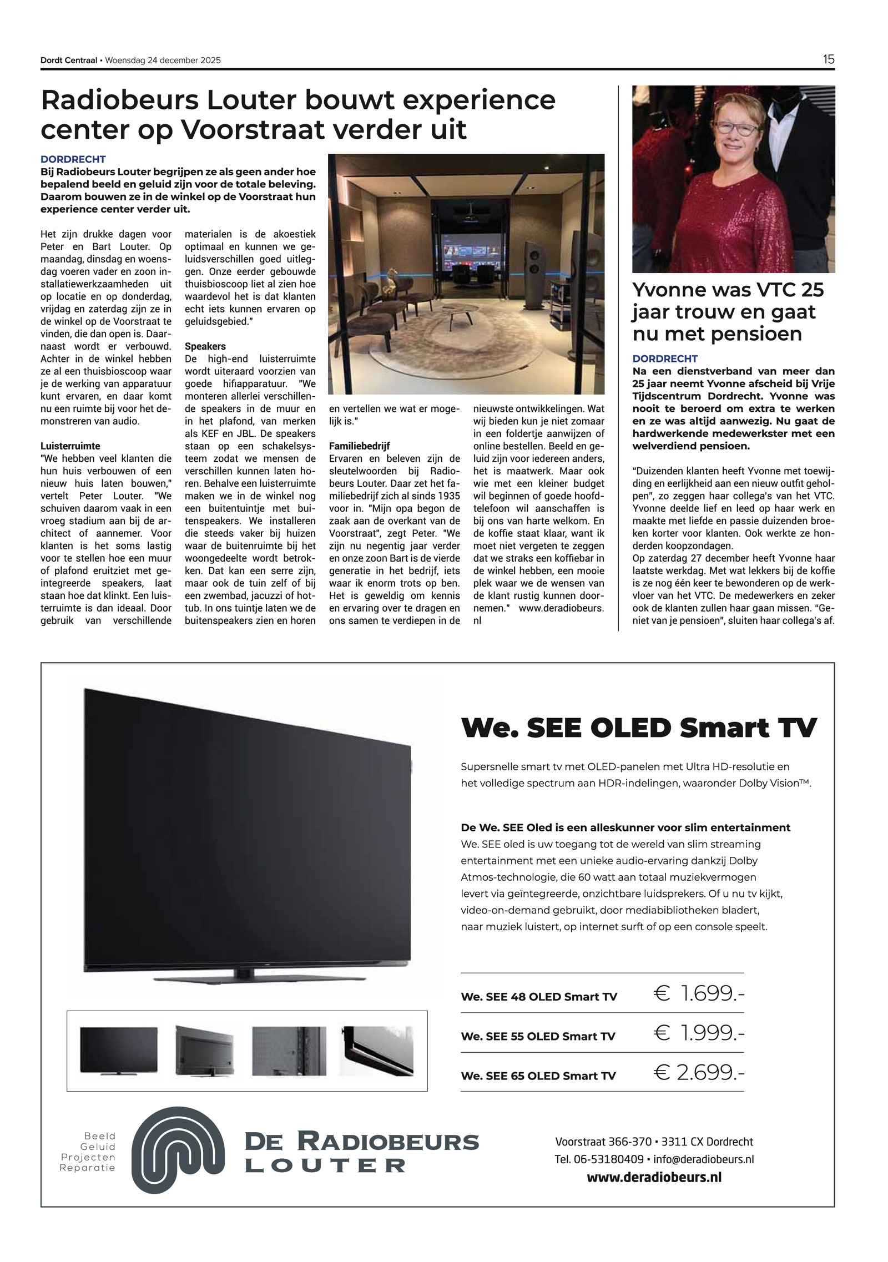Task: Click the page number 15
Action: (828, 59)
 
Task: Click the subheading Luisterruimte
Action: (70, 446)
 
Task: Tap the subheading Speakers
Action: (205, 346)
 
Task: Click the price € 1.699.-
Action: (699, 993)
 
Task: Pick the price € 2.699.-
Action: (699, 1072)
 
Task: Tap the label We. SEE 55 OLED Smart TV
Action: (538, 1036)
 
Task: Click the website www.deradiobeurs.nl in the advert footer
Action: (654, 1177)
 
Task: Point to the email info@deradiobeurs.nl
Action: (703, 1159)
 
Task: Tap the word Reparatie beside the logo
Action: (88, 1168)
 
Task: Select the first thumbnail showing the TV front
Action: (119, 1050)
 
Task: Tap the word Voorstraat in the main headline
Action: (253, 129)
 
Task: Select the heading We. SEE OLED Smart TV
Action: (639, 727)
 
